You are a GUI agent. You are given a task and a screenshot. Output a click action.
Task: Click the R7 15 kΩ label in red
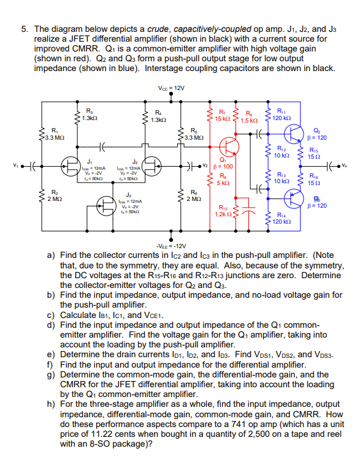[x=224, y=115]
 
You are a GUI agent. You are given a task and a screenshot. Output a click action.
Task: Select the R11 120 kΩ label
[x=281, y=115]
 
